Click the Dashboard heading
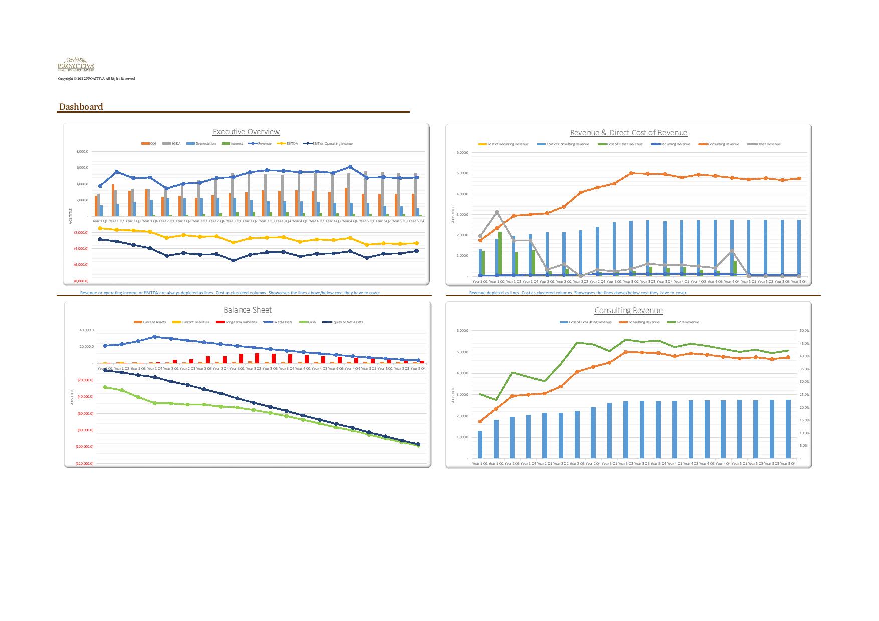(81, 107)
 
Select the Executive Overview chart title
(246, 132)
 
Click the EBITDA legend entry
(290, 144)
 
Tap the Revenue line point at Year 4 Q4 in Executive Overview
(350, 167)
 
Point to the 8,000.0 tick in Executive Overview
(82, 152)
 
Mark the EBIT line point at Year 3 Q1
(233, 260)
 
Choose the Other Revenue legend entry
(766, 144)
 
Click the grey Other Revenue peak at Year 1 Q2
(497, 212)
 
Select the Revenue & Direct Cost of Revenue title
(628, 133)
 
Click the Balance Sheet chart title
(248, 310)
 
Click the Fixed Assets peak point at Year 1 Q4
(155, 337)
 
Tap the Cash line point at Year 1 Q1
(105, 387)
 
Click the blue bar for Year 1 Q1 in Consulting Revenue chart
(480, 444)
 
